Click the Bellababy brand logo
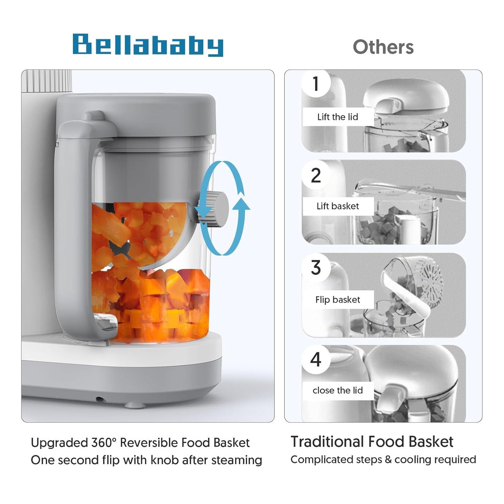click(148, 45)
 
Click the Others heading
click(383, 47)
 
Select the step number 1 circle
click(316, 84)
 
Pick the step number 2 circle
click(316, 175)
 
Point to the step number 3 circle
click(316, 268)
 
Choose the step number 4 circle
click(316, 359)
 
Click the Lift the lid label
click(337, 117)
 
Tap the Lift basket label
click(337, 206)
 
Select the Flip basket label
click(337, 300)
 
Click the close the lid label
click(337, 390)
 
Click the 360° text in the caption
click(104, 443)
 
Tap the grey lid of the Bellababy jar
click(136, 108)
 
